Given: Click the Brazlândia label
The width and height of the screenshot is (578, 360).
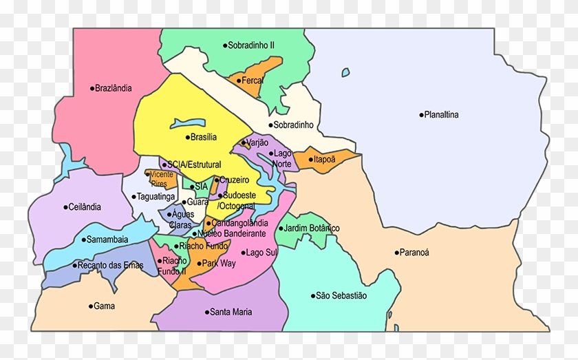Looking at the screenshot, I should point(114,88).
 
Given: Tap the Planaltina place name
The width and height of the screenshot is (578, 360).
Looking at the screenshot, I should point(441,115).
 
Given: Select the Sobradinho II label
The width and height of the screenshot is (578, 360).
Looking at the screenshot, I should point(251,45).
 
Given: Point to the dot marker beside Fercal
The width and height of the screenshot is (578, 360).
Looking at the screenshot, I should point(238,81).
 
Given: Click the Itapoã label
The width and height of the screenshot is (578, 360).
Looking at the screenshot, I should point(325,160).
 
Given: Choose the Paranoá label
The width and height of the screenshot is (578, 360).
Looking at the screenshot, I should point(414,253).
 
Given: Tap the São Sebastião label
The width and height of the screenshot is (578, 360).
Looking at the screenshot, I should point(341,295).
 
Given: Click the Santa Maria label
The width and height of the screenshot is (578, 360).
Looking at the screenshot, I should point(231,312).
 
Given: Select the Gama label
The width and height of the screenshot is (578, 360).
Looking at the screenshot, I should point(104,306).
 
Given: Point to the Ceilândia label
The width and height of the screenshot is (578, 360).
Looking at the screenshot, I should point(85,207).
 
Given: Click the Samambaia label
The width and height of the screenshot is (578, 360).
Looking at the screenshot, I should point(107,240).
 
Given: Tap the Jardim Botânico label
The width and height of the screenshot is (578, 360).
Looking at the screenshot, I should point(312,228).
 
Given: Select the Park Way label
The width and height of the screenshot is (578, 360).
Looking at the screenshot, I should point(219,264).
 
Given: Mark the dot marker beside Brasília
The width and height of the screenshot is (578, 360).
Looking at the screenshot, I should point(186,137).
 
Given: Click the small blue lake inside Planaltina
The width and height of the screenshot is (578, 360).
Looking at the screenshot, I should point(345,72).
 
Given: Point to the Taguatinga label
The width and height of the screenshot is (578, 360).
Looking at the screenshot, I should point(158,196).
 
